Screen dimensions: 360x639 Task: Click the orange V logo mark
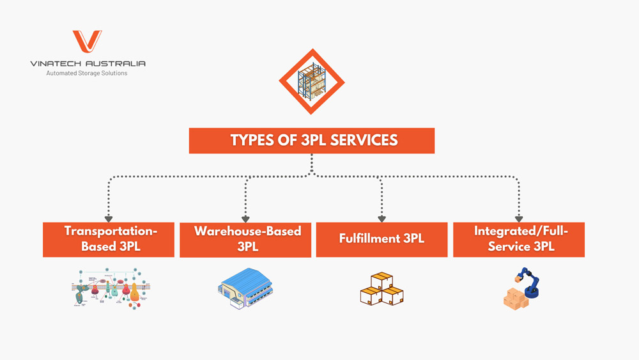tap(87, 42)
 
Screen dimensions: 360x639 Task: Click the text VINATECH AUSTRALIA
tap(88, 63)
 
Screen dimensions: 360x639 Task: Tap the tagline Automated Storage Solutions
tap(87, 74)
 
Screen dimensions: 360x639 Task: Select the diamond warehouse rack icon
tap(312, 82)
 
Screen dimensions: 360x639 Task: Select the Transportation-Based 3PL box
tap(109, 239)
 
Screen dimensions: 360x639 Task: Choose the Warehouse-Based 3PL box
tap(246, 239)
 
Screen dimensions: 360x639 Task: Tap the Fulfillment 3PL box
tap(381, 239)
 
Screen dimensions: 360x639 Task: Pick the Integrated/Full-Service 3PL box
tap(519, 239)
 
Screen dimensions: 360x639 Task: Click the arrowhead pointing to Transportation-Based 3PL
tap(109, 219)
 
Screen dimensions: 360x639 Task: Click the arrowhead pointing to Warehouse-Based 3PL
tap(246, 219)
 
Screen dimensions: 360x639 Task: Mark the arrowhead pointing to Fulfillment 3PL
tap(381, 219)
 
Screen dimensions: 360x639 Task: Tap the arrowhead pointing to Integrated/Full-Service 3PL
tap(519, 219)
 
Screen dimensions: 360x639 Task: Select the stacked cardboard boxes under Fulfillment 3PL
tap(381, 289)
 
